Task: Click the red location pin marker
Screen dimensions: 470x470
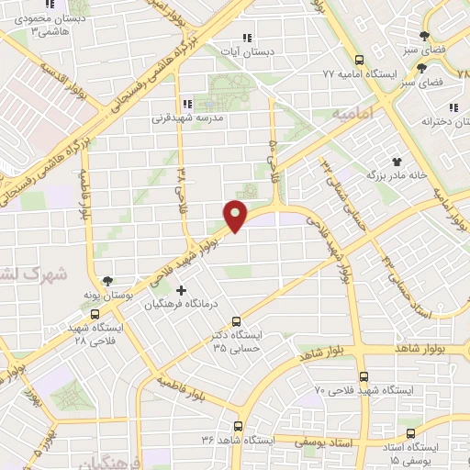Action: (236, 216)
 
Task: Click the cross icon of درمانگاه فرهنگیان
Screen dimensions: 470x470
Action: (193, 290)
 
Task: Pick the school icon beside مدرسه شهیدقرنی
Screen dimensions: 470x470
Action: (188, 104)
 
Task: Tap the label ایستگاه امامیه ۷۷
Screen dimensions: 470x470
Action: (356, 73)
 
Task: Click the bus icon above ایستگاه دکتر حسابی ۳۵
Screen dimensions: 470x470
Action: (237, 321)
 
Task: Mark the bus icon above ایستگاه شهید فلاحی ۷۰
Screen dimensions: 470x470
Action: (364, 376)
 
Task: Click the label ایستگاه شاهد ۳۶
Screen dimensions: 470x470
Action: (237, 441)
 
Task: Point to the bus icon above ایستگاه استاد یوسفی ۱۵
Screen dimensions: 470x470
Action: (403, 431)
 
